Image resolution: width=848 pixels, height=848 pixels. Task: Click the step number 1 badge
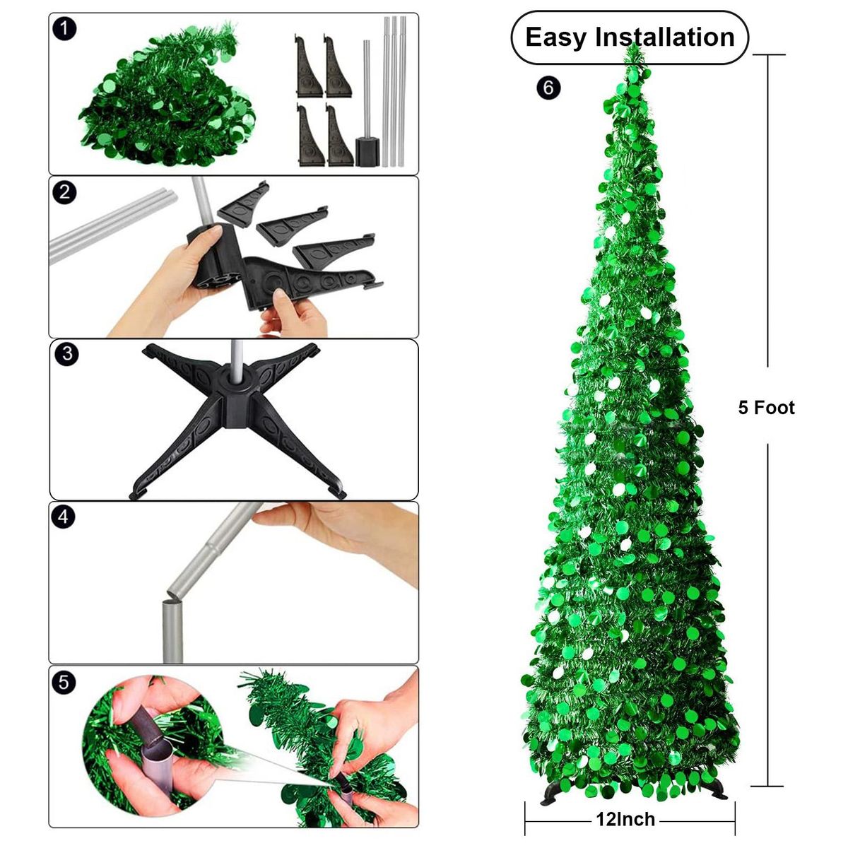[x=64, y=30]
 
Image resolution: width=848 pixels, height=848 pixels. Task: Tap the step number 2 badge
[x=64, y=192]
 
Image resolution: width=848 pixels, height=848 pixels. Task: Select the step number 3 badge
[x=67, y=354]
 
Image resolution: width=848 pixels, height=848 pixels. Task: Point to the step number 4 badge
[x=64, y=516]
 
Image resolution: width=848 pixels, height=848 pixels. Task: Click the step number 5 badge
[x=64, y=683]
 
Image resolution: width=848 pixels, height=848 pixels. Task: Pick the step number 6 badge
[x=548, y=88]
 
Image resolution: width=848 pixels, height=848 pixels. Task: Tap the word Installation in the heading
[x=665, y=37]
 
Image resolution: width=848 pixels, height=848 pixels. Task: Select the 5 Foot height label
[x=767, y=408]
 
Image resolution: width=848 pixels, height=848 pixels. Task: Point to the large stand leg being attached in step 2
[x=308, y=281]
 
